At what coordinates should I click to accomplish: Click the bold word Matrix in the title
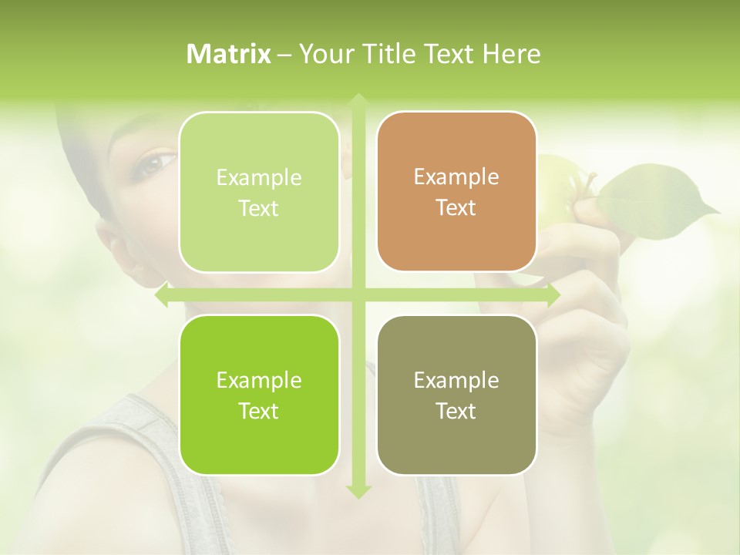tap(229, 54)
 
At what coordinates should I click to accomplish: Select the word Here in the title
tap(511, 54)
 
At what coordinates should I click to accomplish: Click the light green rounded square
tap(259, 193)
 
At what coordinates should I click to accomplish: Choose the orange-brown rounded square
tap(456, 192)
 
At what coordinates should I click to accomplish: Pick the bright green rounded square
tap(259, 395)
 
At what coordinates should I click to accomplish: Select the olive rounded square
tap(456, 395)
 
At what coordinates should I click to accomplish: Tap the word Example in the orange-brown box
tap(456, 177)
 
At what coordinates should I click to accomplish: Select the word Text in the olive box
tap(456, 411)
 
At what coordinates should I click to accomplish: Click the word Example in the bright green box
tap(259, 380)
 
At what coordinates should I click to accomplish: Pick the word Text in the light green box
tap(259, 208)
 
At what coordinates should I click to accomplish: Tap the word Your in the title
tap(318, 54)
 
